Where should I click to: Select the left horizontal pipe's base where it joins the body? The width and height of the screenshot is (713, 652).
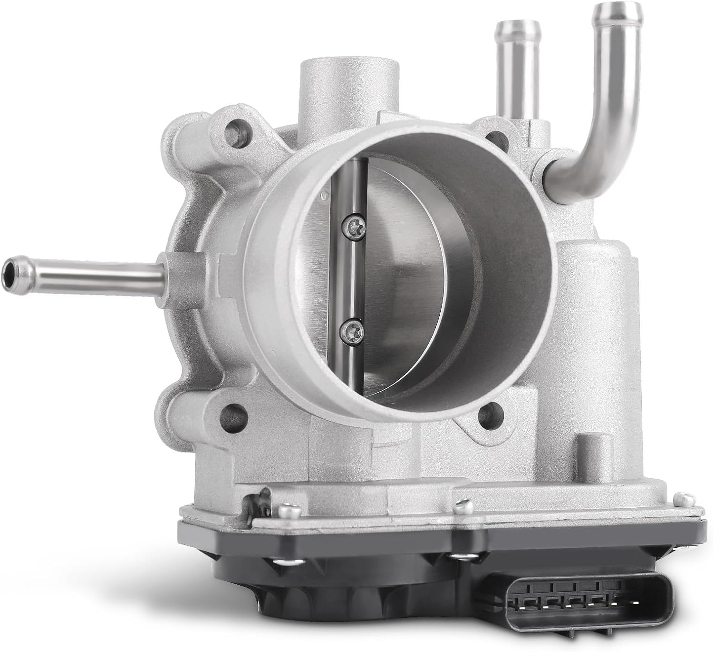[162, 272]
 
